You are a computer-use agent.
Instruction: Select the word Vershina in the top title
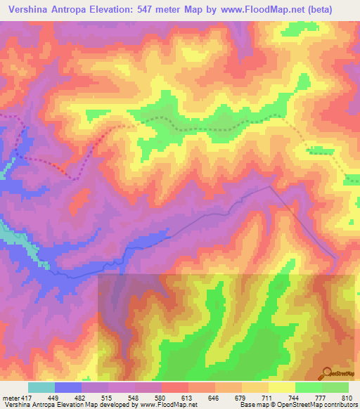27,9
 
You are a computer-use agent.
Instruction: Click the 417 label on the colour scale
23,397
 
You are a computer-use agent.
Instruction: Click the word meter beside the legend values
8,397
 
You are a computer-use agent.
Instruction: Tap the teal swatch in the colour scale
41,387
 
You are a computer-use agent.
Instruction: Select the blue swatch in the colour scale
68,387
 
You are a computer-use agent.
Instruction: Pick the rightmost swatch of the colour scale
335,387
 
